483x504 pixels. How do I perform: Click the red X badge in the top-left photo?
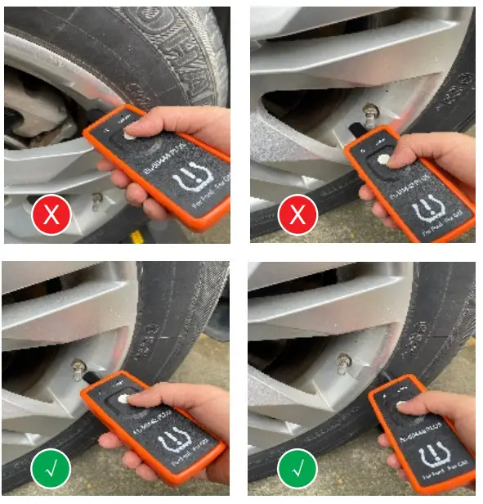tap(51, 217)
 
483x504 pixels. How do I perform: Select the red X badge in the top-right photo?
tap(298, 217)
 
